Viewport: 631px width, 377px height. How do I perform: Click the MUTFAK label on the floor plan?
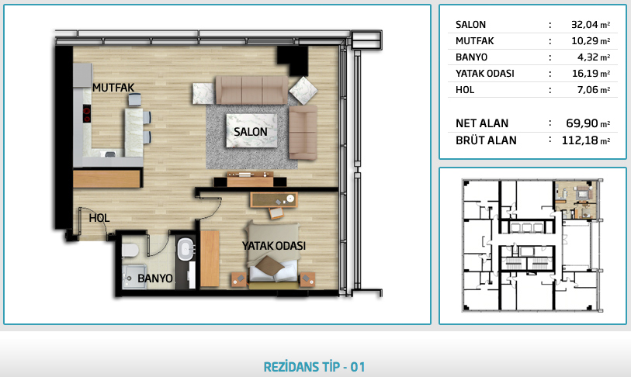click(x=113, y=88)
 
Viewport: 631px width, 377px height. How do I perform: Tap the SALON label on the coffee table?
click(x=251, y=132)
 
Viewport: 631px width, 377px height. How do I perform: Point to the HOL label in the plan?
click(x=99, y=218)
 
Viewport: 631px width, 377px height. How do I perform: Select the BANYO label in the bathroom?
click(x=155, y=278)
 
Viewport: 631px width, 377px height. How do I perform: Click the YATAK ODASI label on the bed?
click(x=274, y=245)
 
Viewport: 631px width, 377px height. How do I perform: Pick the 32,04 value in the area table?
click(x=584, y=25)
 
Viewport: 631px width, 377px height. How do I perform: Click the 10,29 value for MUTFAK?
click(x=584, y=41)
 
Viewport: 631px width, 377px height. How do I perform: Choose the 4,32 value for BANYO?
click(x=588, y=57)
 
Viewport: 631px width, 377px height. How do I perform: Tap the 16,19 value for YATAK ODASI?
click(x=584, y=74)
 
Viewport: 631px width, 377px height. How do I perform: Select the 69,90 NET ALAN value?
click(x=582, y=123)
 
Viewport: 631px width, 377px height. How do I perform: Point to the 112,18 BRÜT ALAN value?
click(x=580, y=140)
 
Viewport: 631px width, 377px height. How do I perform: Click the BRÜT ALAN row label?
click(x=486, y=140)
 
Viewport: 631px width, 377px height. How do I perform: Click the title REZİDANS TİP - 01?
click(x=314, y=367)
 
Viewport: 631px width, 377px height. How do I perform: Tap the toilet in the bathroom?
click(x=130, y=251)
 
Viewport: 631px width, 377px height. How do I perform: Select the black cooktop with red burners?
click(x=86, y=113)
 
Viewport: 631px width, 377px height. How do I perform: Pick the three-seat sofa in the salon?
click(x=252, y=90)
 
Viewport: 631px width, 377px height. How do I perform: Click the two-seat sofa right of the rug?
click(x=303, y=133)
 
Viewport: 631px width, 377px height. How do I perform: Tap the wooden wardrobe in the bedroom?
click(x=210, y=259)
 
